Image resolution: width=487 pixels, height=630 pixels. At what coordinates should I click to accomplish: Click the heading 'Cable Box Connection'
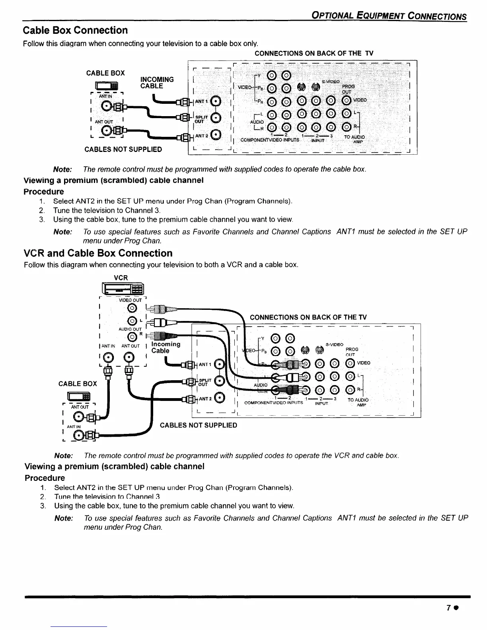[x=76, y=31]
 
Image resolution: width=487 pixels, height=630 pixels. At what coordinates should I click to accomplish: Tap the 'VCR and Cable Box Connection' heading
[x=98, y=253]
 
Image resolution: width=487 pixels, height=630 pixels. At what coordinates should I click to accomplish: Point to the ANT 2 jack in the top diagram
[x=215, y=135]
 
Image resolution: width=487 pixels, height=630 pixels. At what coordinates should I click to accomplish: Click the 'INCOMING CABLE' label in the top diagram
[x=157, y=83]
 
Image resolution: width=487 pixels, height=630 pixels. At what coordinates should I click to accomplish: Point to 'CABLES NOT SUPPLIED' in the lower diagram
[x=198, y=425]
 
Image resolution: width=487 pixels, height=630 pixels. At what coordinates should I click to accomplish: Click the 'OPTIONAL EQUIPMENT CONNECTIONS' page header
[x=389, y=16]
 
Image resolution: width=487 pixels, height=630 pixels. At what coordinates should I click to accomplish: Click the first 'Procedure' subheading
[x=43, y=191]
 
